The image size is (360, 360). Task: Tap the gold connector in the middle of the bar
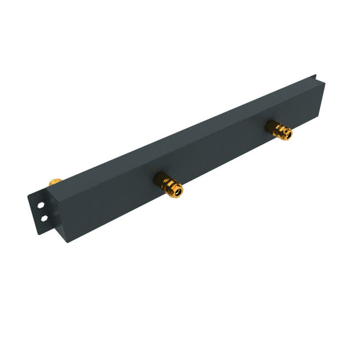point(169,184)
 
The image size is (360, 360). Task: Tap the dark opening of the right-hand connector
point(287,134)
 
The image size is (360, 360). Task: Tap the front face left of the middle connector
point(115,203)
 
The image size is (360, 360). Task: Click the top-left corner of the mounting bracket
point(30,195)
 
